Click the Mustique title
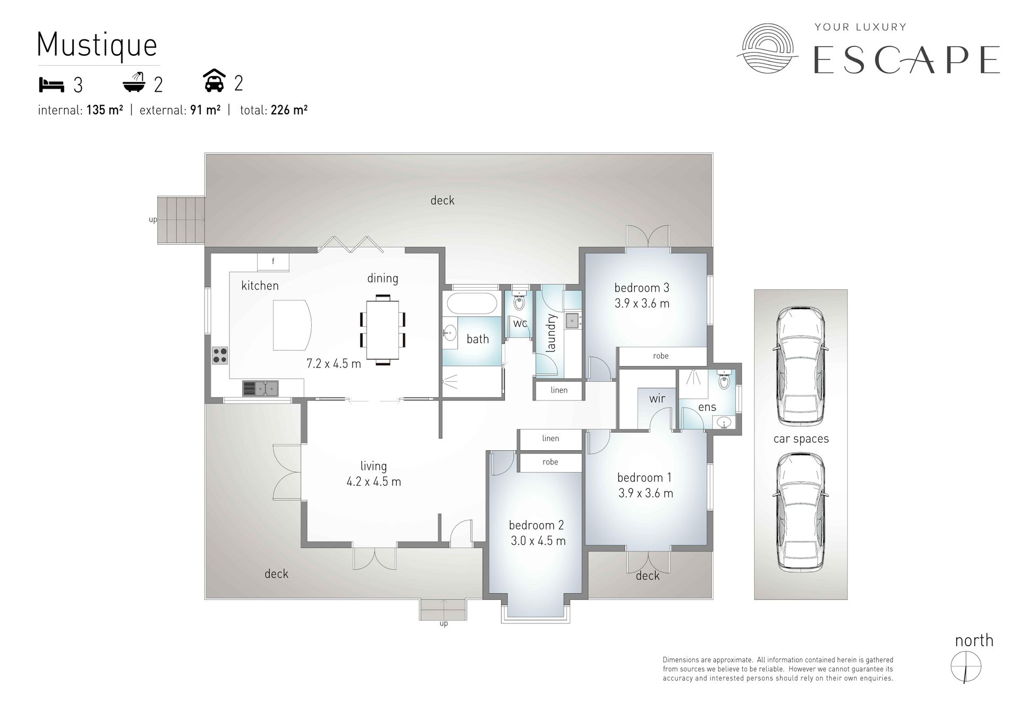coord(97,45)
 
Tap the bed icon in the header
coord(52,84)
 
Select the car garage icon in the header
coord(214,81)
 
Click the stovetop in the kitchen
coord(220,355)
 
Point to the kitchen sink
coord(260,389)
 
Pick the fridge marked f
coord(273,262)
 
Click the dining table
coord(382,330)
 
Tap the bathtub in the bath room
coord(471,304)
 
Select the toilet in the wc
coord(519,301)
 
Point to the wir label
coord(657,398)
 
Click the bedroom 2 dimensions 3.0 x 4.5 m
coord(538,541)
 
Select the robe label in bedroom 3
coord(661,356)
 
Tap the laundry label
coord(551,333)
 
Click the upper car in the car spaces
coord(801,366)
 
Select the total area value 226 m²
coord(289,110)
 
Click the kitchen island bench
coord(291,325)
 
